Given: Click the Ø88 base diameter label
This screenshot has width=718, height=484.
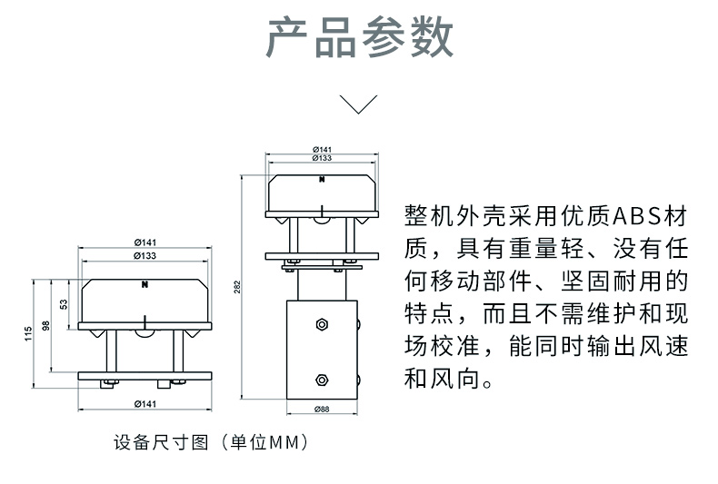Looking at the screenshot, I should [322, 410].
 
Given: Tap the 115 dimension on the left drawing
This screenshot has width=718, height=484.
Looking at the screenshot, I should [27, 333].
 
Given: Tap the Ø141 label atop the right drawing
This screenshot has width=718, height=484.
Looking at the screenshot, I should [322, 149].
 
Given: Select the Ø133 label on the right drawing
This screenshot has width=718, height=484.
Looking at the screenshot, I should [322, 158].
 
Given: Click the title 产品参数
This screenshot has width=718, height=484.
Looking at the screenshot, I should [359, 38].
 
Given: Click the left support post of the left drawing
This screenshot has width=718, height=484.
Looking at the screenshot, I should [109, 350].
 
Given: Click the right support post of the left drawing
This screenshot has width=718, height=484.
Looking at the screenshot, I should [182, 350].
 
